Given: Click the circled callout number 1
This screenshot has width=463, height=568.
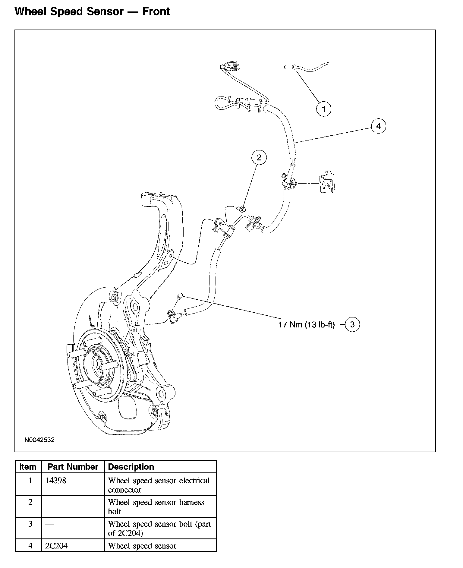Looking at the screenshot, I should [x=324, y=109].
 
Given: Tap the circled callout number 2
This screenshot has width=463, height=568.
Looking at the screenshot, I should [x=259, y=157].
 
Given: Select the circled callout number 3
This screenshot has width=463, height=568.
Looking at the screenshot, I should [x=352, y=324].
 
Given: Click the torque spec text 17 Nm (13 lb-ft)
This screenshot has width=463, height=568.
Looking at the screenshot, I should [x=307, y=325].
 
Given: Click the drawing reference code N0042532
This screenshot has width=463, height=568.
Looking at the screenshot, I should [x=39, y=440].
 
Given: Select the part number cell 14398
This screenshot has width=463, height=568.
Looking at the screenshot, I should [x=56, y=481].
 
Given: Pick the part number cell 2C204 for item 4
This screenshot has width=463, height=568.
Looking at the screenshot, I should [x=56, y=546].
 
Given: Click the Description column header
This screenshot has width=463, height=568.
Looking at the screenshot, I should [x=131, y=467].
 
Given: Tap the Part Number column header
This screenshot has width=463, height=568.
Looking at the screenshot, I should [x=73, y=467].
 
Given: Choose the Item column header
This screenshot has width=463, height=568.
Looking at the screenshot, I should [x=28, y=467].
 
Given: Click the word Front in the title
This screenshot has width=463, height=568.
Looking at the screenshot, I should [x=156, y=11].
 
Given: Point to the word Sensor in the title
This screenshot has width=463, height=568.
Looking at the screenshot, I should [x=105, y=11].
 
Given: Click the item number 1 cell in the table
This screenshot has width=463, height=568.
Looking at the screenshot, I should [x=30, y=481].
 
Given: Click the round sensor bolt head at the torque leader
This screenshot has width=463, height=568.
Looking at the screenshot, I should [x=180, y=295].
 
